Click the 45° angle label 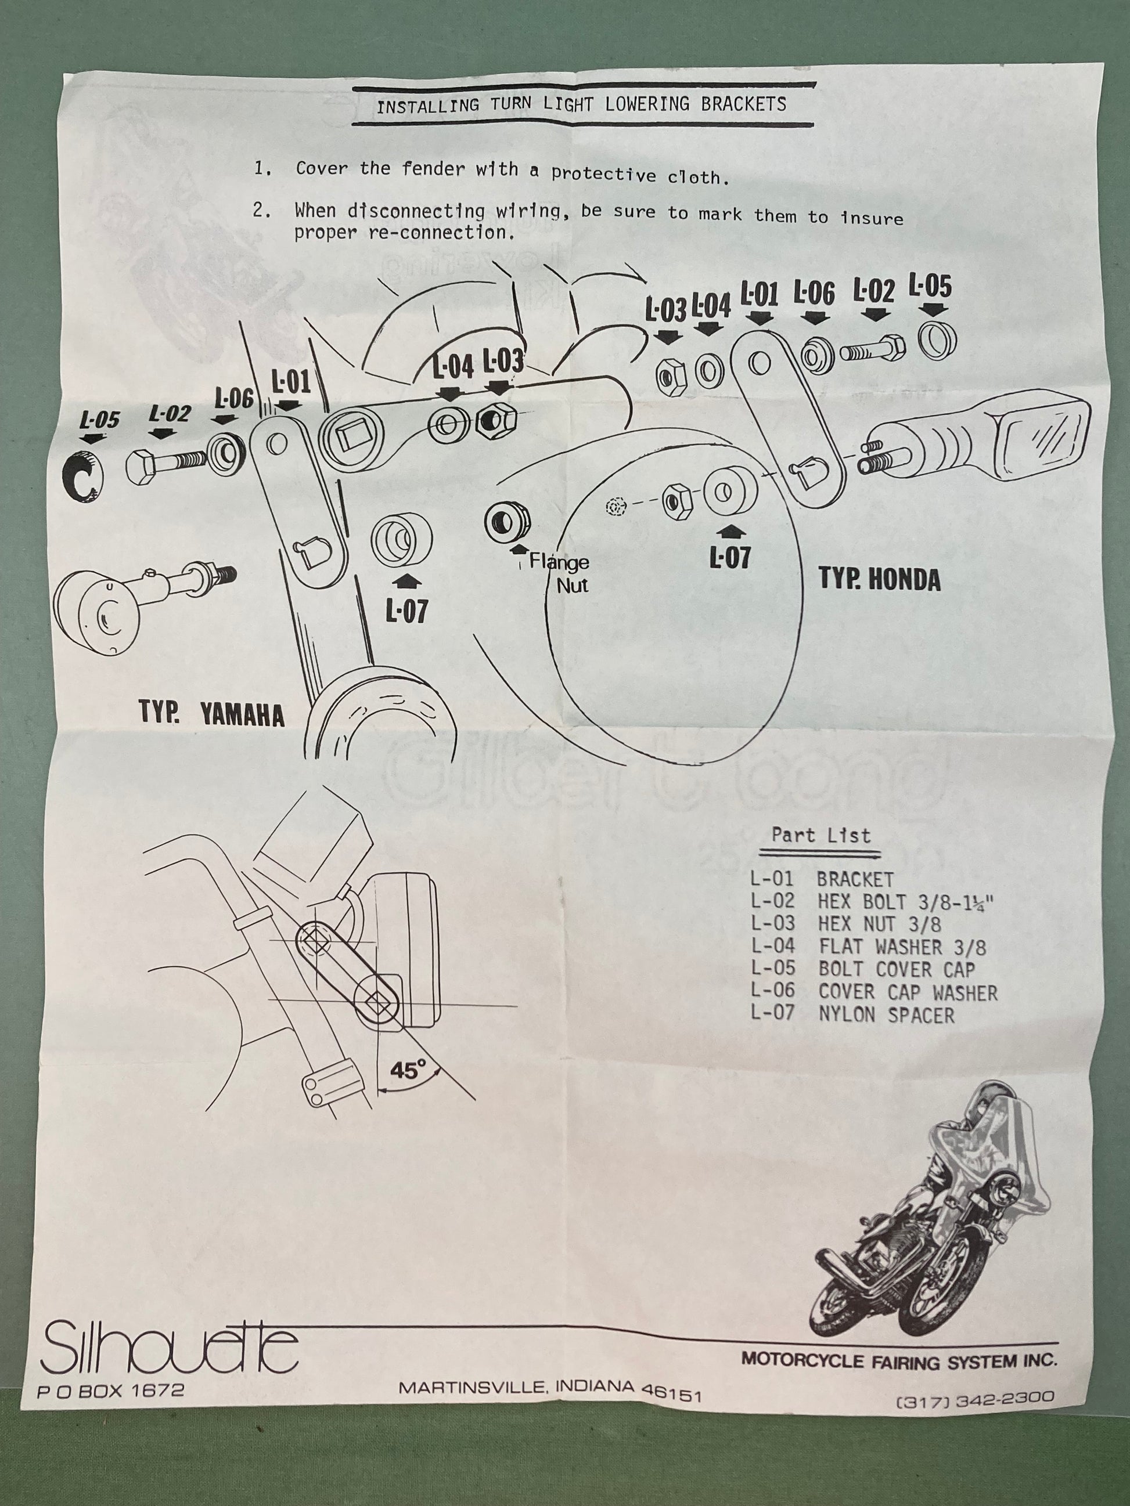[x=407, y=1070]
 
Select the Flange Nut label [x=559, y=573]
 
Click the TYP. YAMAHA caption [x=212, y=713]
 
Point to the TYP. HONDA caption [x=879, y=579]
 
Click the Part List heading [x=820, y=835]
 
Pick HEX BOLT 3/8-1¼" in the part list [x=906, y=902]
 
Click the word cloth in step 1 [x=693, y=177]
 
